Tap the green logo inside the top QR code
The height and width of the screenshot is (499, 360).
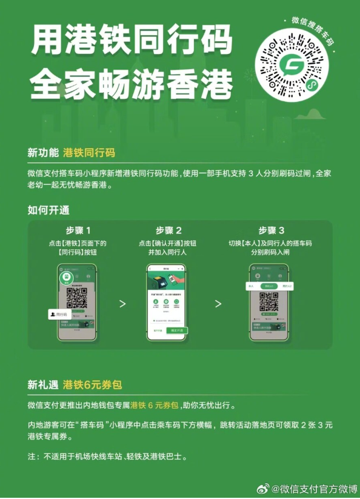click(x=295, y=64)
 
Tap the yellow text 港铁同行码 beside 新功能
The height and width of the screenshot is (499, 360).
click(x=89, y=152)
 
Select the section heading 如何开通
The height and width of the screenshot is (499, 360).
click(x=48, y=210)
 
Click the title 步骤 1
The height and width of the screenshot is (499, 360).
click(x=78, y=230)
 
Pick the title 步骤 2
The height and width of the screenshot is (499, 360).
click(x=168, y=230)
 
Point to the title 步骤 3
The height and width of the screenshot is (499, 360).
click(x=271, y=230)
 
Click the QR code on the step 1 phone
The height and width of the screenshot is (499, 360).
click(x=76, y=298)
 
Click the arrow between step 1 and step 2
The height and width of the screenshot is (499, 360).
click(x=122, y=303)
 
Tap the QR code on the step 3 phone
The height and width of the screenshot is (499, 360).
click(x=269, y=301)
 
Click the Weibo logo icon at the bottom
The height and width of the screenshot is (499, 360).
click(x=262, y=489)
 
